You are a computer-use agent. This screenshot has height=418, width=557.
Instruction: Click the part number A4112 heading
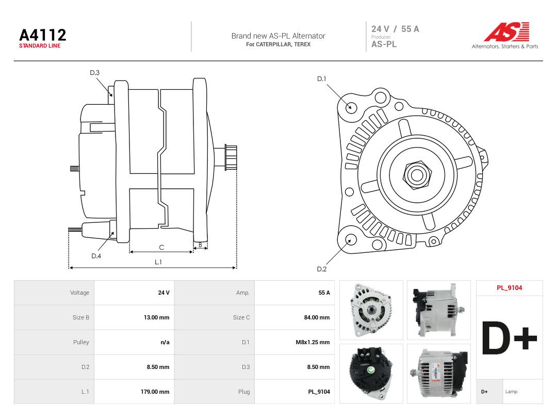(43, 35)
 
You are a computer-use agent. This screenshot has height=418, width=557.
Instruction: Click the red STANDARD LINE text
(40, 46)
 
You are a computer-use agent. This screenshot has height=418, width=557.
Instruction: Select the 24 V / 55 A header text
(395, 29)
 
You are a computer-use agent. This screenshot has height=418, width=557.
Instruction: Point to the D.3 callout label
(94, 73)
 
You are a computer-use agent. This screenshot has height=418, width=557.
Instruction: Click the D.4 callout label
(96, 256)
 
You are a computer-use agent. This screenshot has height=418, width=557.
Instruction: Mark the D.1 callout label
(321, 78)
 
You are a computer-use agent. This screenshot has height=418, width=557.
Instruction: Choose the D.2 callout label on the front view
(321, 269)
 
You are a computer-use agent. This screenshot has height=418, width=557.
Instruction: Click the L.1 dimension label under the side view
(158, 262)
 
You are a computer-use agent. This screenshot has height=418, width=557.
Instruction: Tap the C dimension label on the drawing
(161, 247)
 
